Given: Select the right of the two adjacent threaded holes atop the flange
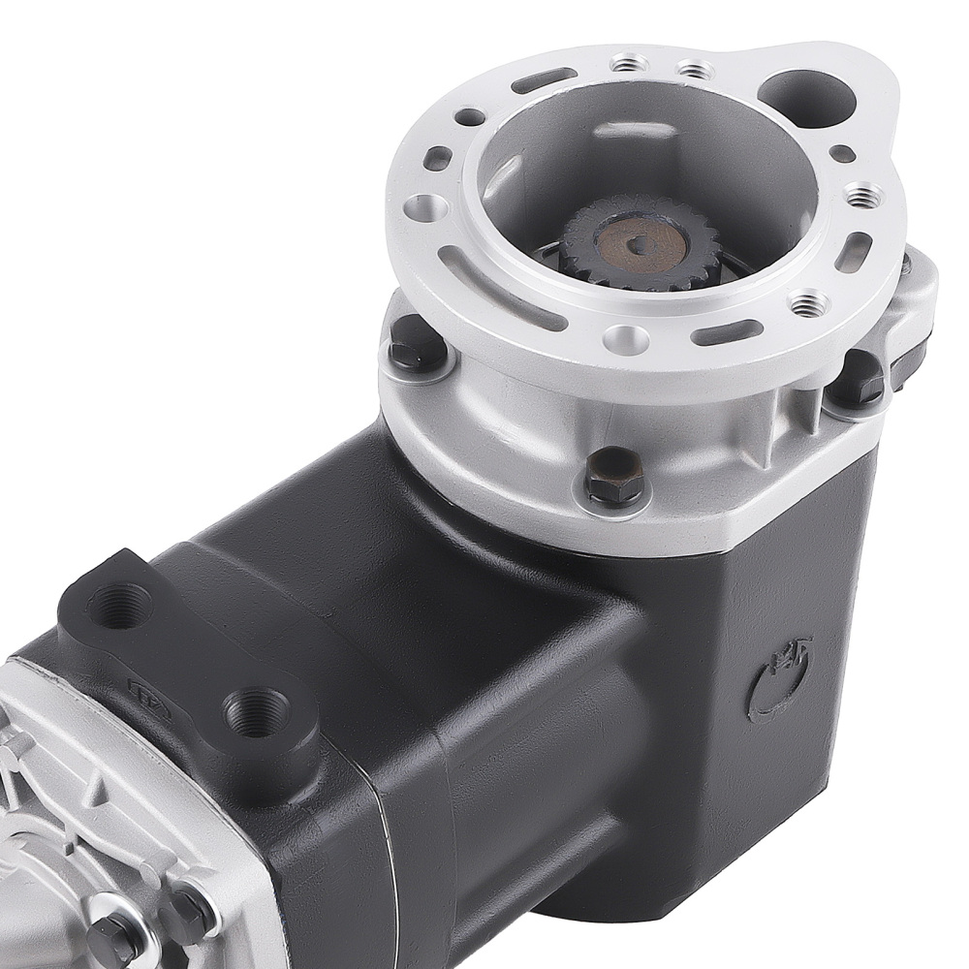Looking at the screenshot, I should pos(691,70).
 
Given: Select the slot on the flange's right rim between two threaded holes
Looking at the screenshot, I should pos(858,250).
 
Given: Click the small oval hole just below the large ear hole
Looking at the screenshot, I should pos(844,153).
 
